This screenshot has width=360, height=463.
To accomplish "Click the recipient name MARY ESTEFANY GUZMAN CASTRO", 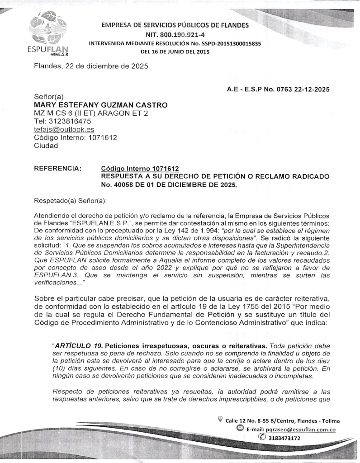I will pyautogui.click(x=101, y=105).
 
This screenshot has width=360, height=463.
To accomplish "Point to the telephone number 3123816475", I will pyautogui.click(x=69, y=121).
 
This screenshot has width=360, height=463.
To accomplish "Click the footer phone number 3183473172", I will pyautogui.click(x=284, y=438).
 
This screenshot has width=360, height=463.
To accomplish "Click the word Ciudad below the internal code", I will pyautogui.click(x=47, y=146).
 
